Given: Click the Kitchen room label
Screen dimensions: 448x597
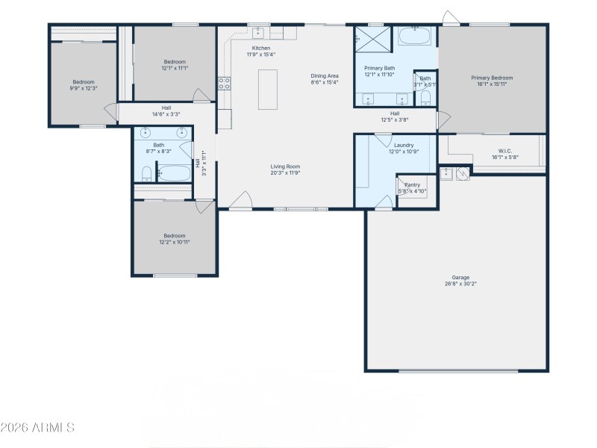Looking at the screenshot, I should coord(260,48).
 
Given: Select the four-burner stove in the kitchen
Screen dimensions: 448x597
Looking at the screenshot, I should coord(224,84).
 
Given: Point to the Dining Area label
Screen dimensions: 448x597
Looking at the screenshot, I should coord(325,76).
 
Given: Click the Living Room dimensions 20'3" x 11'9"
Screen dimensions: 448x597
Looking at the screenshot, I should coord(284,172).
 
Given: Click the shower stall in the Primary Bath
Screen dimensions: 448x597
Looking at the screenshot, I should coord(372,37).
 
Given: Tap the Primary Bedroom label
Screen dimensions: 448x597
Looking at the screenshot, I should coord(492,78).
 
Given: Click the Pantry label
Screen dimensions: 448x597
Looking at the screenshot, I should coord(412,185).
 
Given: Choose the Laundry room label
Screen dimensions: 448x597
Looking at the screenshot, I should coord(404,145).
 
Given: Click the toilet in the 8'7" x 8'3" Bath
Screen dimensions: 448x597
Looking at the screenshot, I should coord(146,175).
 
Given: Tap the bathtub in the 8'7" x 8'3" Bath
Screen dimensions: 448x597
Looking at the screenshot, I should coord(174,173).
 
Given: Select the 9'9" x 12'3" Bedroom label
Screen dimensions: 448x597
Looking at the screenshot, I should coord(84,82).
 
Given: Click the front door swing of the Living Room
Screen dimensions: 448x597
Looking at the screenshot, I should coord(240,201).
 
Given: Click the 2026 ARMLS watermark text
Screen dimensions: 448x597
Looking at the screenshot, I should coord(37,428).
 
